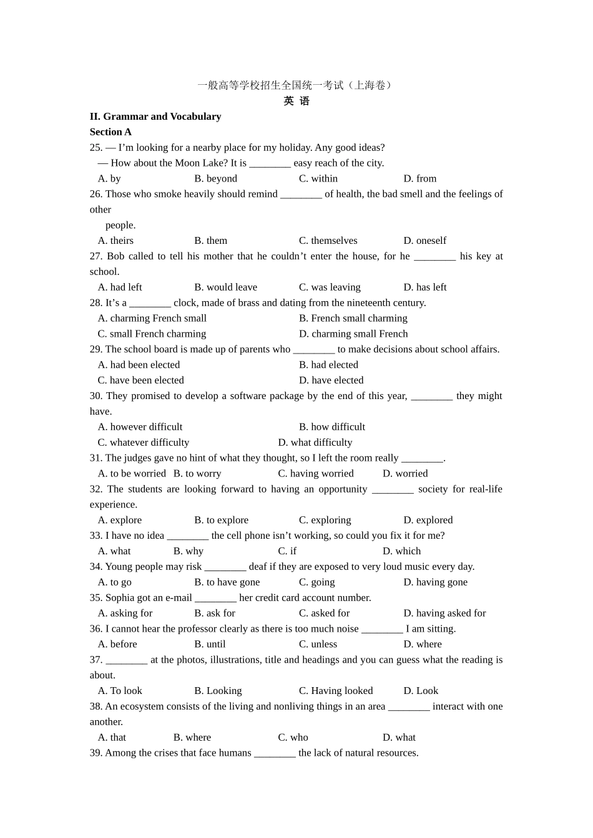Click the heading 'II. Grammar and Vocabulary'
point(155,117)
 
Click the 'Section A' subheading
point(110,132)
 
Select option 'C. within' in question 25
point(318,179)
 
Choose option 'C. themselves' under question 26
point(328,241)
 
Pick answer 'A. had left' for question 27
point(120,287)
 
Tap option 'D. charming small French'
point(353,334)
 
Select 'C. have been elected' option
point(140,380)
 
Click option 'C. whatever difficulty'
point(143,443)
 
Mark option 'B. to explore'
point(221,520)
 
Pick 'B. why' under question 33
point(189,551)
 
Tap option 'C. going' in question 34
point(316,582)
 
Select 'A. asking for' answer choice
point(125,614)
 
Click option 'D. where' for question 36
point(422,645)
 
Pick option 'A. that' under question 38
point(112,738)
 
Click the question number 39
point(96,753)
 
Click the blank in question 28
point(150,304)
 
